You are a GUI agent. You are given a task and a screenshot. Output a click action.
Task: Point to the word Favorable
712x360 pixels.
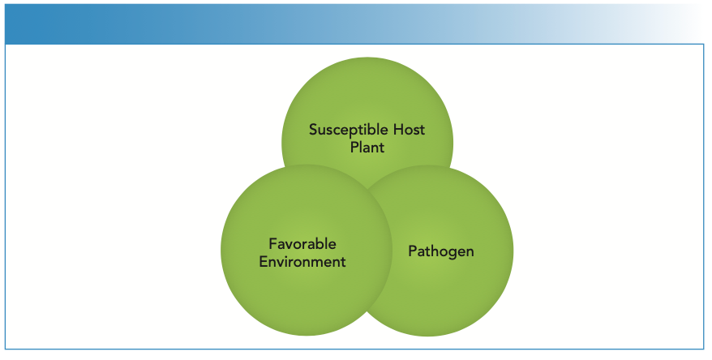coord(302,244)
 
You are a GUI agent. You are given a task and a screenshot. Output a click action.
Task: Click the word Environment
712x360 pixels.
coord(302,262)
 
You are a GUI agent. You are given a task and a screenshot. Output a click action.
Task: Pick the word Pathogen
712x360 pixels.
coord(440,251)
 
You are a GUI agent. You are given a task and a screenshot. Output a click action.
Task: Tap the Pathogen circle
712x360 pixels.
coord(470,292)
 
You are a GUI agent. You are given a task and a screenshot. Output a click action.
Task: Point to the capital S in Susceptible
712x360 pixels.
coord(312,130)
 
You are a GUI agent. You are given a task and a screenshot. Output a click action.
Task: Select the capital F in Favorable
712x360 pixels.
coord(272,244)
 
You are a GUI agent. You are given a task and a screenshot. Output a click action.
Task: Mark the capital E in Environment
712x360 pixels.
coord(263,262)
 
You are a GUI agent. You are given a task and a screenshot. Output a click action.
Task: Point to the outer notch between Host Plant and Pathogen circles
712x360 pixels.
coord(448,168)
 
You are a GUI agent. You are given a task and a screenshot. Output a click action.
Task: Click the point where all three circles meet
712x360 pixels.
coord(367,191)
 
